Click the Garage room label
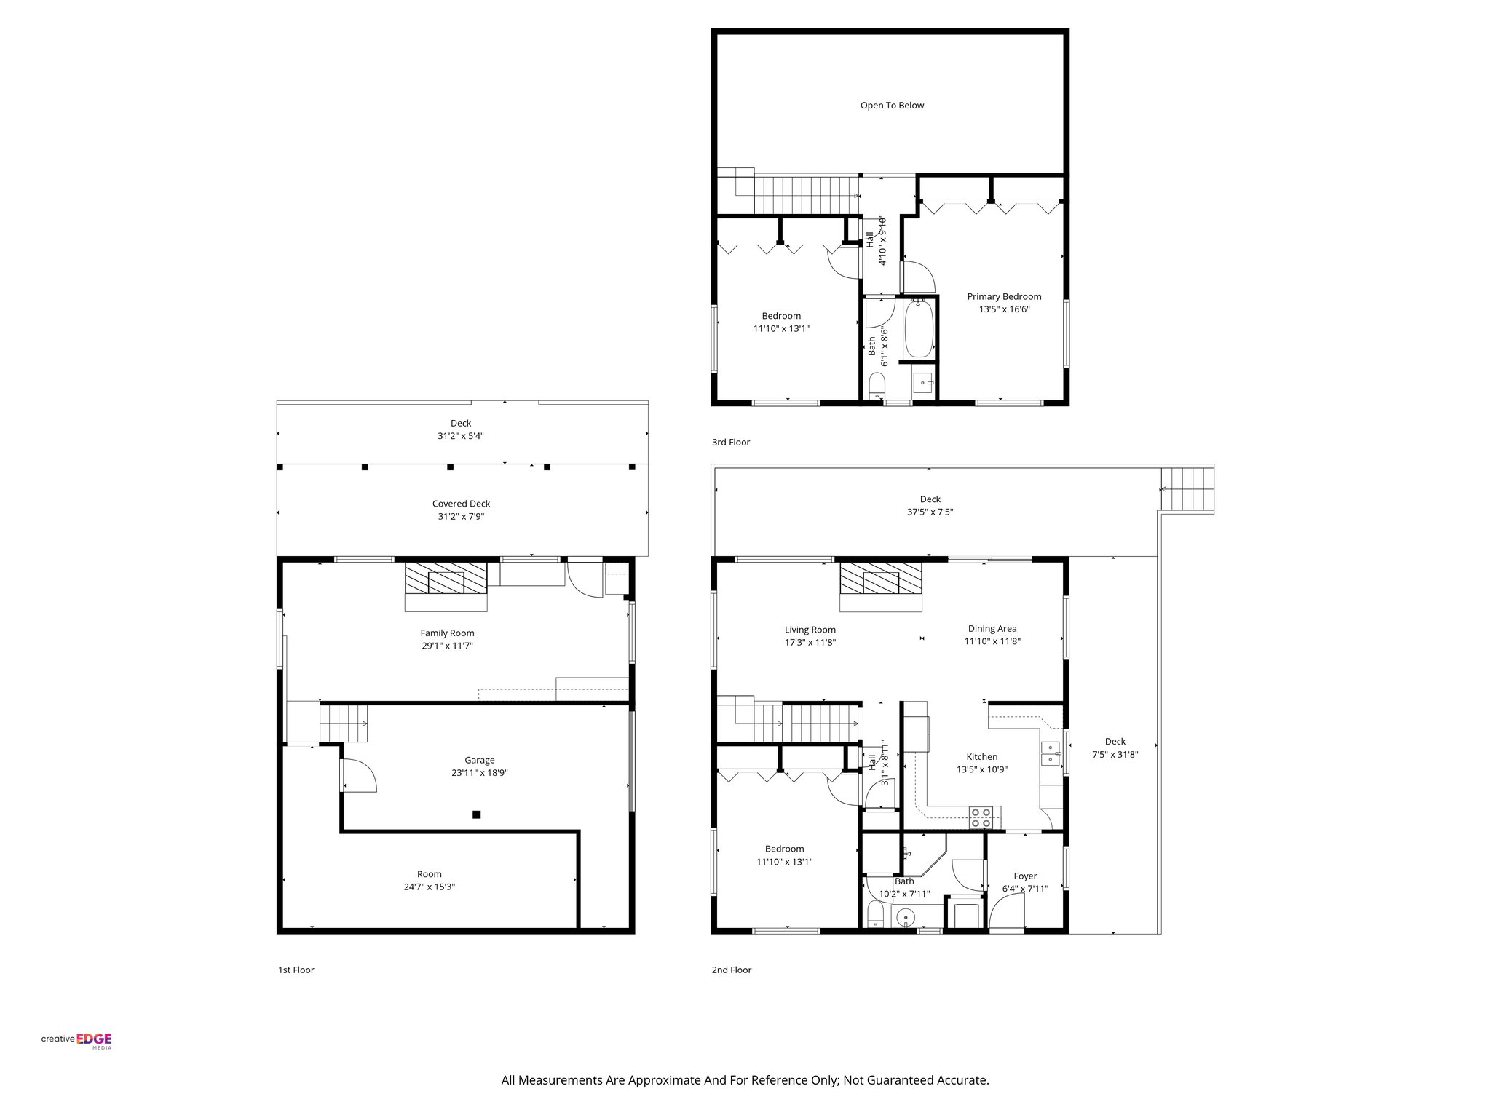480,760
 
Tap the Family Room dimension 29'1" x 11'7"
447,646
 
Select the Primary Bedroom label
1004,296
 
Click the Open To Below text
892,106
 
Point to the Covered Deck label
461,504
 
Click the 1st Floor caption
296,970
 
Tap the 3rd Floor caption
730,442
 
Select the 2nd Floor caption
731,970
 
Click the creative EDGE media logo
76,1041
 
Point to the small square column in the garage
476,814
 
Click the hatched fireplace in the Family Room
446,580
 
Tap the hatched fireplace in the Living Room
881,580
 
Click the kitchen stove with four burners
981,817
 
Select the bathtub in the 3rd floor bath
918,330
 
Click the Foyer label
1025,876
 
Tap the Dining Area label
992,629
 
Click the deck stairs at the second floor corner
1187,490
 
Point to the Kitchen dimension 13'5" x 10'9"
981,769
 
